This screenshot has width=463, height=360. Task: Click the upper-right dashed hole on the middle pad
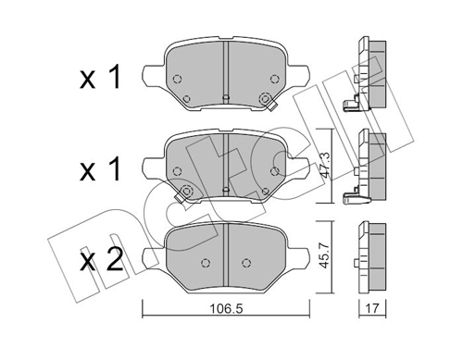pos(276,169)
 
